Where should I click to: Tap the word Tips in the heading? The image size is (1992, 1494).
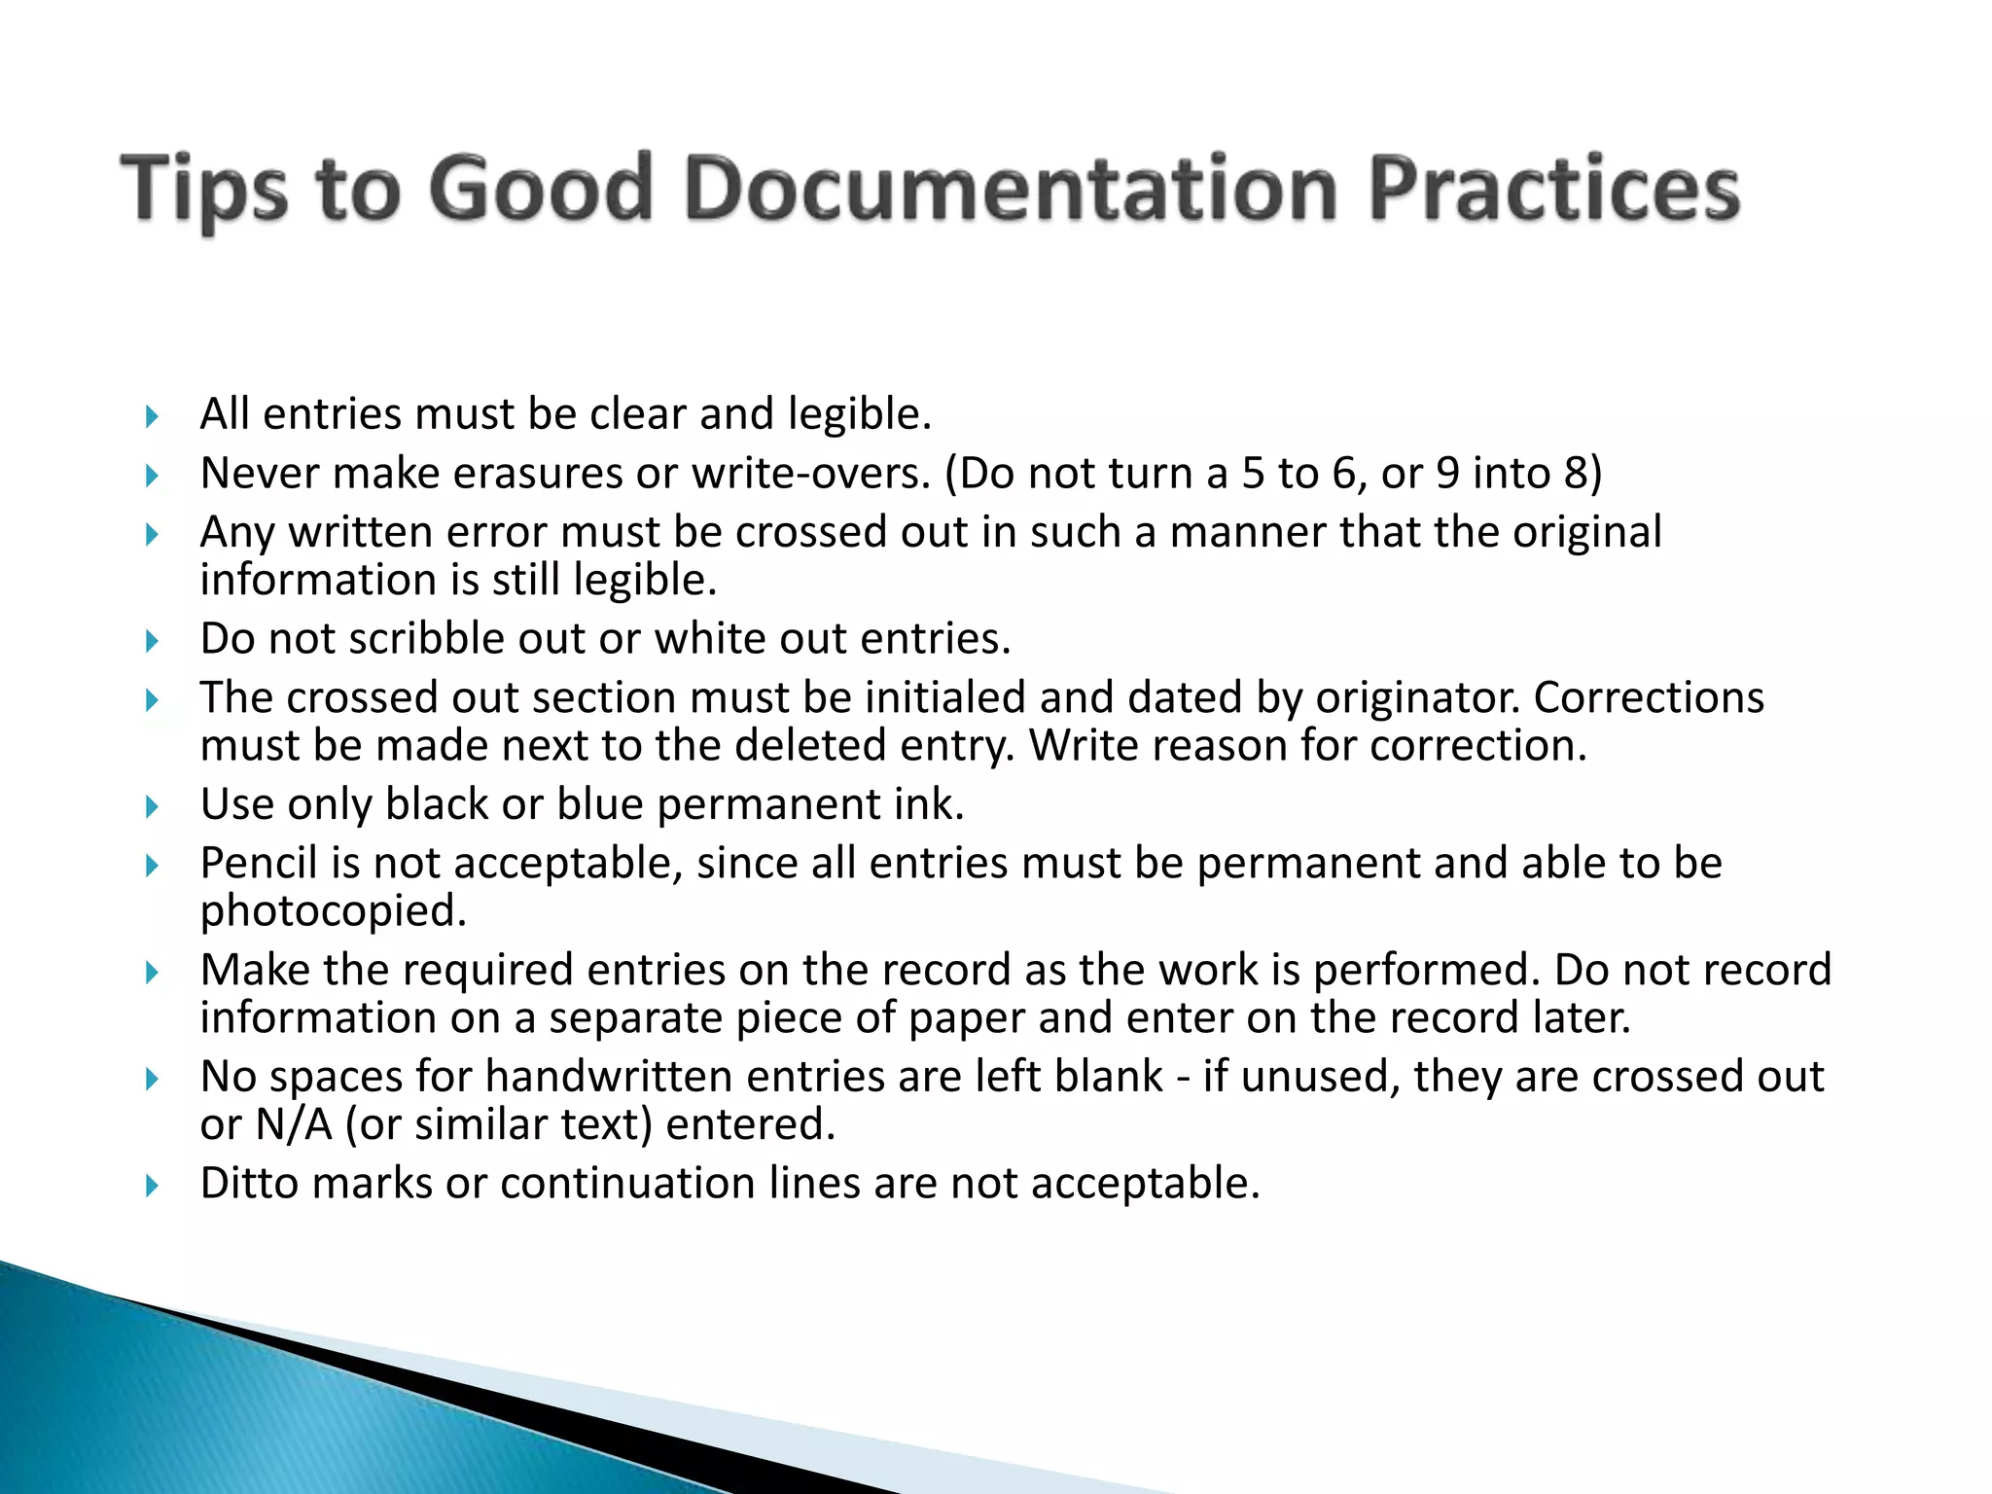click(204, 189)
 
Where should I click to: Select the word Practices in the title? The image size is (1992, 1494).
click(1553, 189)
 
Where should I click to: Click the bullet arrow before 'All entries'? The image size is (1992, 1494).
click(151, 417)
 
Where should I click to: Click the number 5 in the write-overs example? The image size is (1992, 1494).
click(1254, 474)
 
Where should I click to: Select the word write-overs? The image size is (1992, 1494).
click(811, 474)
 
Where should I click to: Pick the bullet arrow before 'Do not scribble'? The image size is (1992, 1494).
click(151, 641)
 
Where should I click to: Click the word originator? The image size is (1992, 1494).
click(1418, 698)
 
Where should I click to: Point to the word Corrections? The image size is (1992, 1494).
click(1649, 698)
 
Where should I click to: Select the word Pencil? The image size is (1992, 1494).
click(258, 864)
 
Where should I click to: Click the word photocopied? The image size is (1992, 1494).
click(333, 911)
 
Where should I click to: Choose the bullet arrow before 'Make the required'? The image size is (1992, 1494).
click(151, 972)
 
